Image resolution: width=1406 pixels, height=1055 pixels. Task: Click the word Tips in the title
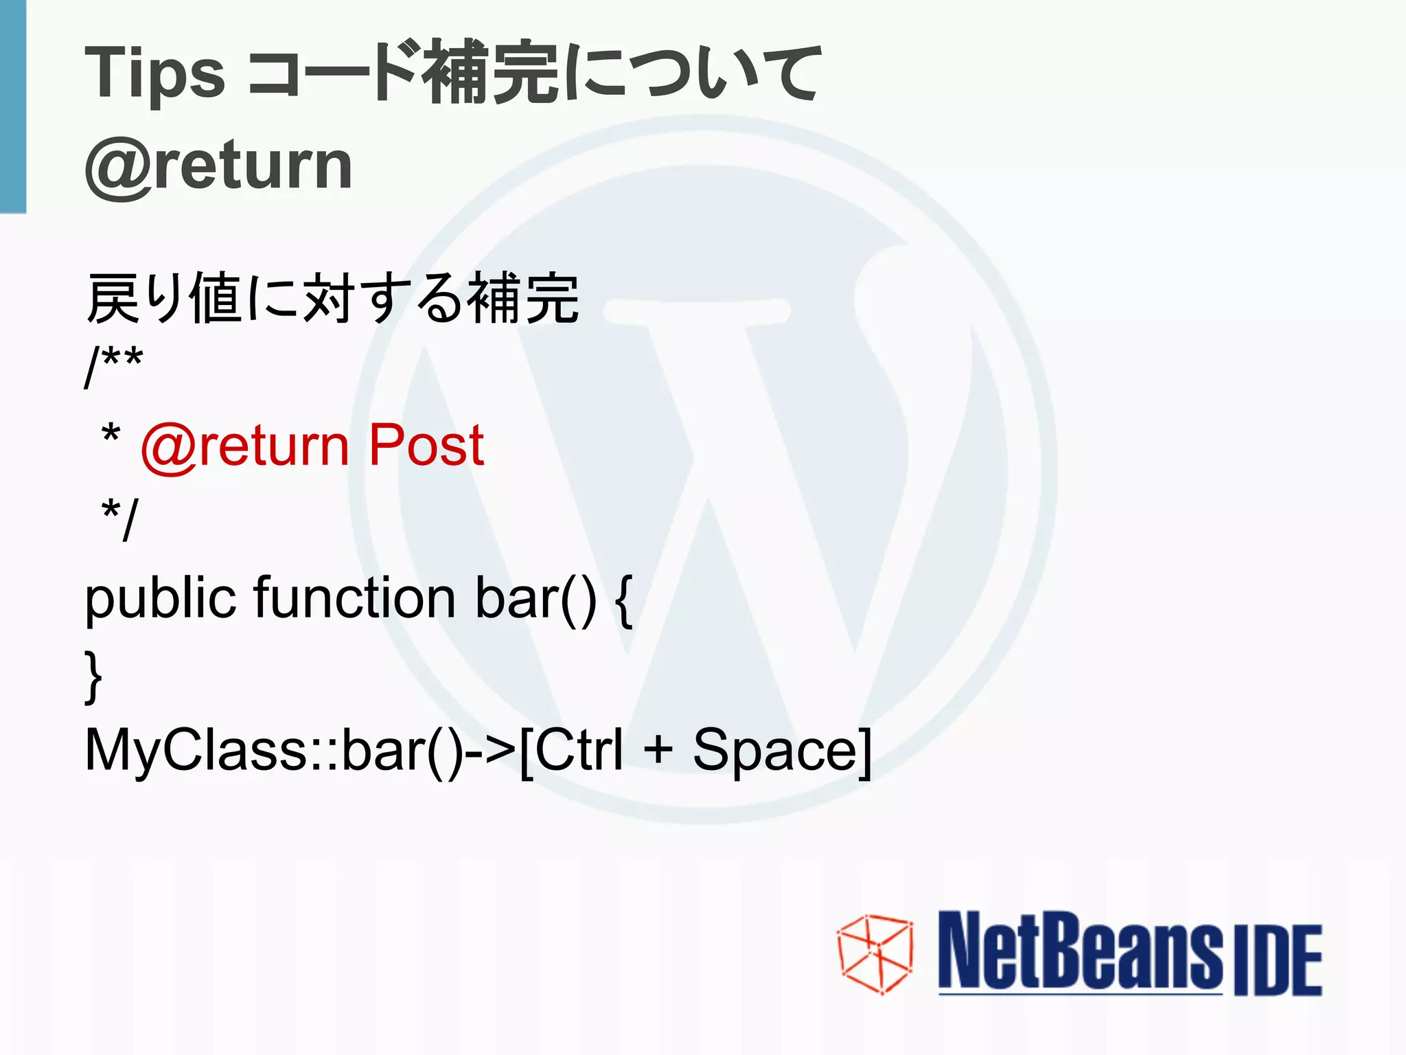pos(154,74)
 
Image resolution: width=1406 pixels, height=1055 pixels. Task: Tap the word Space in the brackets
pos(775,750)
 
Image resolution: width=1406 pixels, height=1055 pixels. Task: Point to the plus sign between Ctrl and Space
pos(658,750)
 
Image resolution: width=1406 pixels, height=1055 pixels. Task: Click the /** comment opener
pos(113,365)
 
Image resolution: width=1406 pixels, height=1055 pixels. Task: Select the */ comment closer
pos(119,519)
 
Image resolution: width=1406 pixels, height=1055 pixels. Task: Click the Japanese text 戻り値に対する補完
pos(333,298)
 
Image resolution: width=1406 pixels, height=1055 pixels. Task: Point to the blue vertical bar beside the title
pos(12,106)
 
